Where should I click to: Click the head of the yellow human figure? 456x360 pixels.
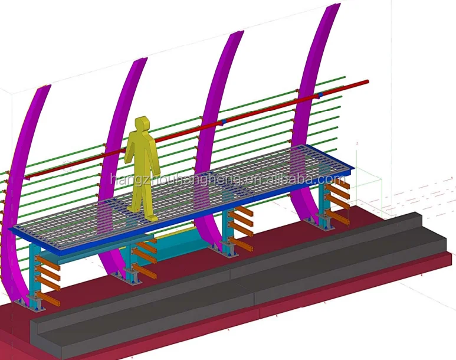pyautogui.click(x=142, y=125)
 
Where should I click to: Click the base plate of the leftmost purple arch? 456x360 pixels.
pyautogui.click(x=29, y=304)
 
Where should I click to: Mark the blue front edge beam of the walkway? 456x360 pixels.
pyautogui.click(x=177, y=220)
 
